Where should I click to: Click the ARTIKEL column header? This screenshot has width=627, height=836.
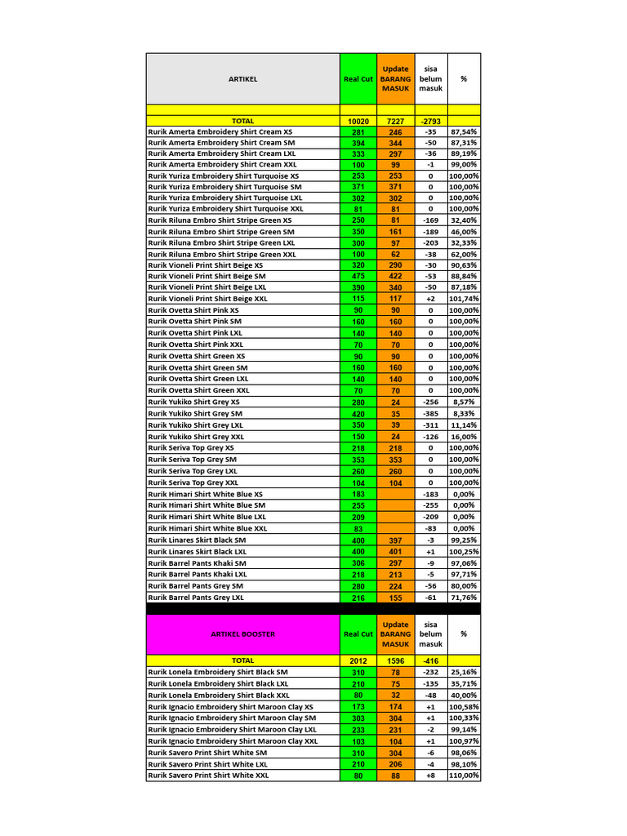[x=242, y=79]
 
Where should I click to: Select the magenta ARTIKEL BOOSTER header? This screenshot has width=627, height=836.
[x=242, y=634]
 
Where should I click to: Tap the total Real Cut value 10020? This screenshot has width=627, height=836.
[x=358, y=121]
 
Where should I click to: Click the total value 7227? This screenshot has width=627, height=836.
[x=395, y=121]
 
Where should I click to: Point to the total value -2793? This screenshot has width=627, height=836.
[x=430, y=121]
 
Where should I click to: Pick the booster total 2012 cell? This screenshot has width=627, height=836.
[x=358, y=660]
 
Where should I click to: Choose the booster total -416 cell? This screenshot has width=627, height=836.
[x=430, y=660]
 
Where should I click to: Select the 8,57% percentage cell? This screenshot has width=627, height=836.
[x=464, y=402]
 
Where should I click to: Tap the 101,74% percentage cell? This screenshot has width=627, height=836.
[x=464, y=299]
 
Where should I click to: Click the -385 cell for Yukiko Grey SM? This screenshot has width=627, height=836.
[x=430, y=414]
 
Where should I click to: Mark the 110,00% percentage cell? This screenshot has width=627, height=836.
[x=464, y=776]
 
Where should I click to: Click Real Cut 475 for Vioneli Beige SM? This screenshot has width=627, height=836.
[x=358, y=276]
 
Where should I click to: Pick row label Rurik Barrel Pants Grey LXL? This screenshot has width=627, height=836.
[x=196, y=598]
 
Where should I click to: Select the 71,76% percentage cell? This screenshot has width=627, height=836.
[x=464, y=598]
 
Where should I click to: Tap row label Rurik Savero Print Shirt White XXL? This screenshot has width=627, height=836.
[x=208, y=776]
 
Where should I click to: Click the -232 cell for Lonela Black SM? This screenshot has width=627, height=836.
[x=430, y=672]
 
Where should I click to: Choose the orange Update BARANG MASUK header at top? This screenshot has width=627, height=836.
[x=395, y=79]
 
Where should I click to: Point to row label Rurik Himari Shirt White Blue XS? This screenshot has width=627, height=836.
[x=206, y=494]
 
